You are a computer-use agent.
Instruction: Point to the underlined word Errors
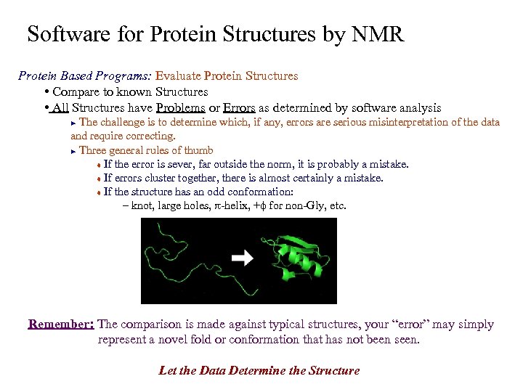[x=239, y=108]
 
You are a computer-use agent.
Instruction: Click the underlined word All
[x=60, y=108]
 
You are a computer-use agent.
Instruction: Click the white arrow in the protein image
[x=243, y=257]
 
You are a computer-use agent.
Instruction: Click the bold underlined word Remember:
[x=61, y=324]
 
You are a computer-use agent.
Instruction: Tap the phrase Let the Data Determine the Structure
[x=259, y=370]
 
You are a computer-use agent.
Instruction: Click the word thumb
[x=198, y=150]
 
